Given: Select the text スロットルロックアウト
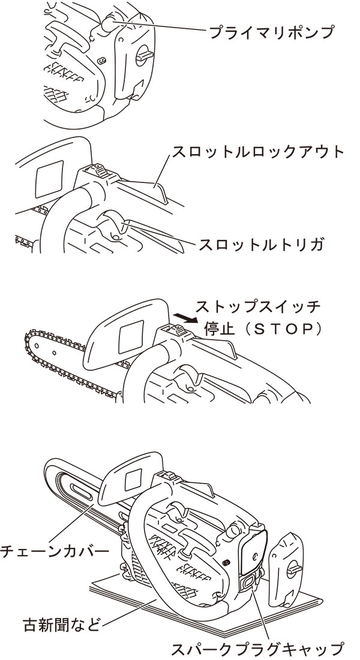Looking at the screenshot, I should [258, 152].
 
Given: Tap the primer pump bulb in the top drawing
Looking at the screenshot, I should [109, 24].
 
